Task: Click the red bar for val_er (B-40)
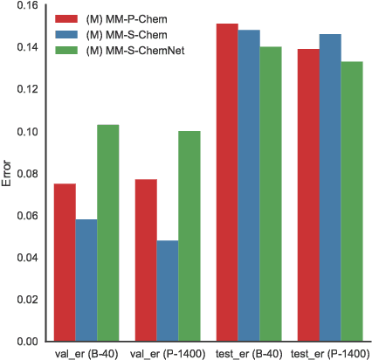[65, 262]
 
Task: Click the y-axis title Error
[8, 173]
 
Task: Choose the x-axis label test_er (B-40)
[248, 353]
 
